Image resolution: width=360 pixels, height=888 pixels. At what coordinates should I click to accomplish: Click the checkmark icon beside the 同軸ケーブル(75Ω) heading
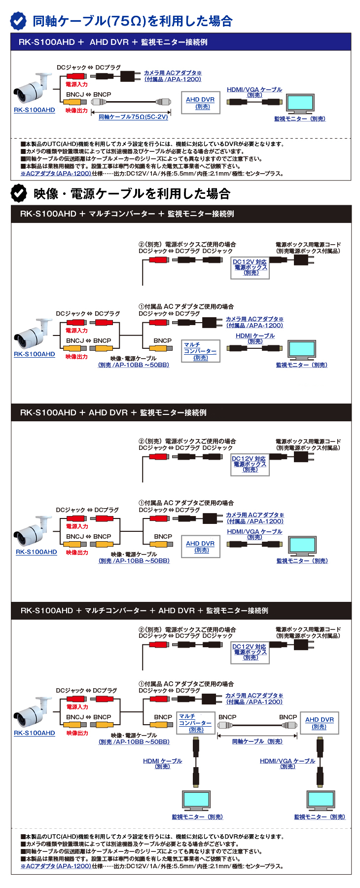[x=19, y=21]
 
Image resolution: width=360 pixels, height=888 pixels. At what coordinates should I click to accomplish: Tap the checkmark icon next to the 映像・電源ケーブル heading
[x=19, y=193]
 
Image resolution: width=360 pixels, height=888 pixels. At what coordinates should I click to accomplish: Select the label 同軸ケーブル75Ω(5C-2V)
[x=133, y=117]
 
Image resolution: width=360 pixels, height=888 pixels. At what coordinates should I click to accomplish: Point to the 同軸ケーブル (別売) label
[x=257, y=741]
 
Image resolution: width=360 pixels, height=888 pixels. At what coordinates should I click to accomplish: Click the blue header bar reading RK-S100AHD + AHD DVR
[x=181, y=42]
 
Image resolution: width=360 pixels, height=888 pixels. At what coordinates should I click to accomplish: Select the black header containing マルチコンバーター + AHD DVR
[x=181, y=611]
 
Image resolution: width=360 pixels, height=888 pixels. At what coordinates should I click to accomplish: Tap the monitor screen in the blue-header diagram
[x=300, y=103]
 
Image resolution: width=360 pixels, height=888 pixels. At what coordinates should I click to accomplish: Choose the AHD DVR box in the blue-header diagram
[x=200, y=103]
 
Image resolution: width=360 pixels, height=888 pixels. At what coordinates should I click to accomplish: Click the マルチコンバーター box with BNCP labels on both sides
[x=196, y=723]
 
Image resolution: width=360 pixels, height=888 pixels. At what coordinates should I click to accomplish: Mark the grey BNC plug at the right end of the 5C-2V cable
[x=164, y=102]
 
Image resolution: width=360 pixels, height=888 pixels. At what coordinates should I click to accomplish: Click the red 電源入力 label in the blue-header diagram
[x=76, y=84]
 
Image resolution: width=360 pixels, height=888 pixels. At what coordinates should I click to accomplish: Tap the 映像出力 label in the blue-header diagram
[x=76, y=111]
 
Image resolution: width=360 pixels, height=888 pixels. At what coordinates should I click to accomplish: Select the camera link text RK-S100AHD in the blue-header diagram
[x=34, y=110]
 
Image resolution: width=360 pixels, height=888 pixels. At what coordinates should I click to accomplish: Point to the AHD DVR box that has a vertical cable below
[x=320, y=723]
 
